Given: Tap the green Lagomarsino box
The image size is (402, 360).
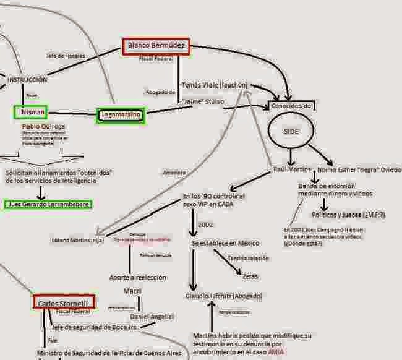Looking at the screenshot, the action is click(x=121, y=115).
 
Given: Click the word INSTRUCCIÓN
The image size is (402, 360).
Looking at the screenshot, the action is click(x=27, y=79).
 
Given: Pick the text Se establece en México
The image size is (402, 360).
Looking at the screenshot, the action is click(x=225, y=243).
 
